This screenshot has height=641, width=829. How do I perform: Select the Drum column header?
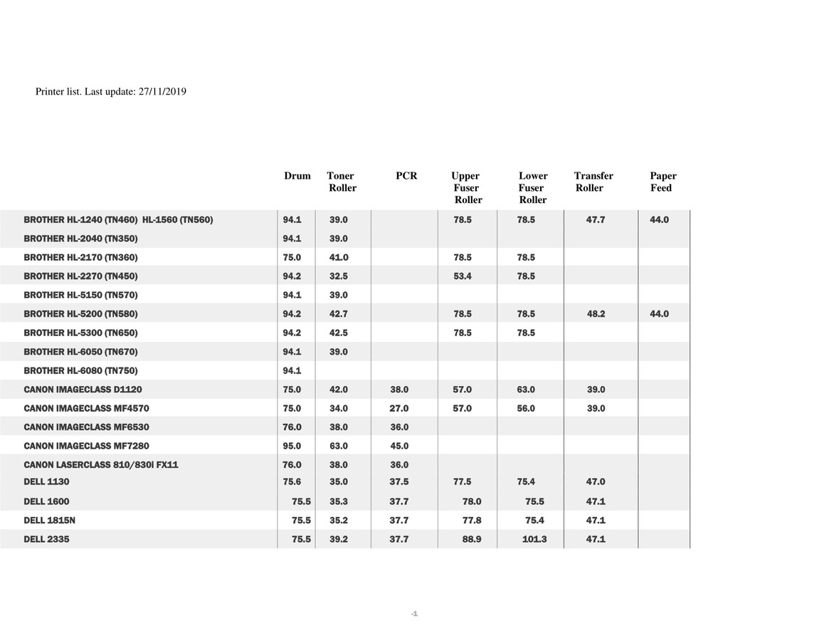tap(297, 176)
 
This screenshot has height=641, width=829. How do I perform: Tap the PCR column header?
tap(406, 176)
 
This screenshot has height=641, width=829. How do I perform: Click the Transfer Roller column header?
tap(593, 182)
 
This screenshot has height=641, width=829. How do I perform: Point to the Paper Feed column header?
tap(663, 182)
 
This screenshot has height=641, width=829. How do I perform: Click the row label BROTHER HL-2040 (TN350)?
tap(80, 239)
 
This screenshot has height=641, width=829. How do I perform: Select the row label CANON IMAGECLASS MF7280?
tap(86, 446)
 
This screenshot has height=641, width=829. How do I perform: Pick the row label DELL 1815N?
tap(49, 521)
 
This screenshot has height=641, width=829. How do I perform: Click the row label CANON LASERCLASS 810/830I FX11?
tap(100, 465)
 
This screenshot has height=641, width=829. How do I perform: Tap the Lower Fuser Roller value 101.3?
tap(534, 540)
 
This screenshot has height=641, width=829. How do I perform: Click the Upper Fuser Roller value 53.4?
tap(463, 276)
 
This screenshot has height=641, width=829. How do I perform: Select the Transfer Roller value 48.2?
tap(596, 314)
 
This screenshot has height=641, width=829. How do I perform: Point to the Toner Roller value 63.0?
tap(339, 446)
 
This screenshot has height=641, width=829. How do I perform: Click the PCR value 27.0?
tap(399, 409)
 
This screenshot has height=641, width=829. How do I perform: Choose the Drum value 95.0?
tap(292, 446)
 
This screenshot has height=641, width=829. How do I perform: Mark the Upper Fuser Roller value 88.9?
tap(472, 540)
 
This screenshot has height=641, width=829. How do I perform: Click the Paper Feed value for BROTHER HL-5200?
tap(659, 314)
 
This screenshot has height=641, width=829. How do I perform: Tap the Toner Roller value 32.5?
tap(339, 276)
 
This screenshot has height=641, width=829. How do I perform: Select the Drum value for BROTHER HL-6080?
tap(292, 371)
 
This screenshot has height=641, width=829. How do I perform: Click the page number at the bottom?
tap(414, 614)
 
